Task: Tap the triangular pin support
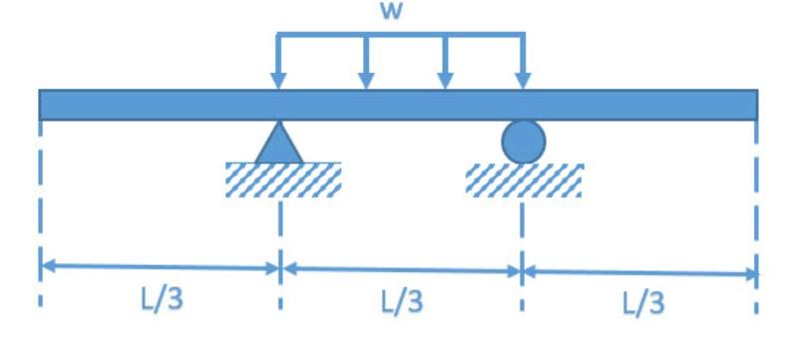278,144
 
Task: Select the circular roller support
523,142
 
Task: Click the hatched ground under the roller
524,180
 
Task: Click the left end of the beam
43,104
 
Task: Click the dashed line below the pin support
280,224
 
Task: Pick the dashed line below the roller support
521,224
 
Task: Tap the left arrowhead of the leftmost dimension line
46,265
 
